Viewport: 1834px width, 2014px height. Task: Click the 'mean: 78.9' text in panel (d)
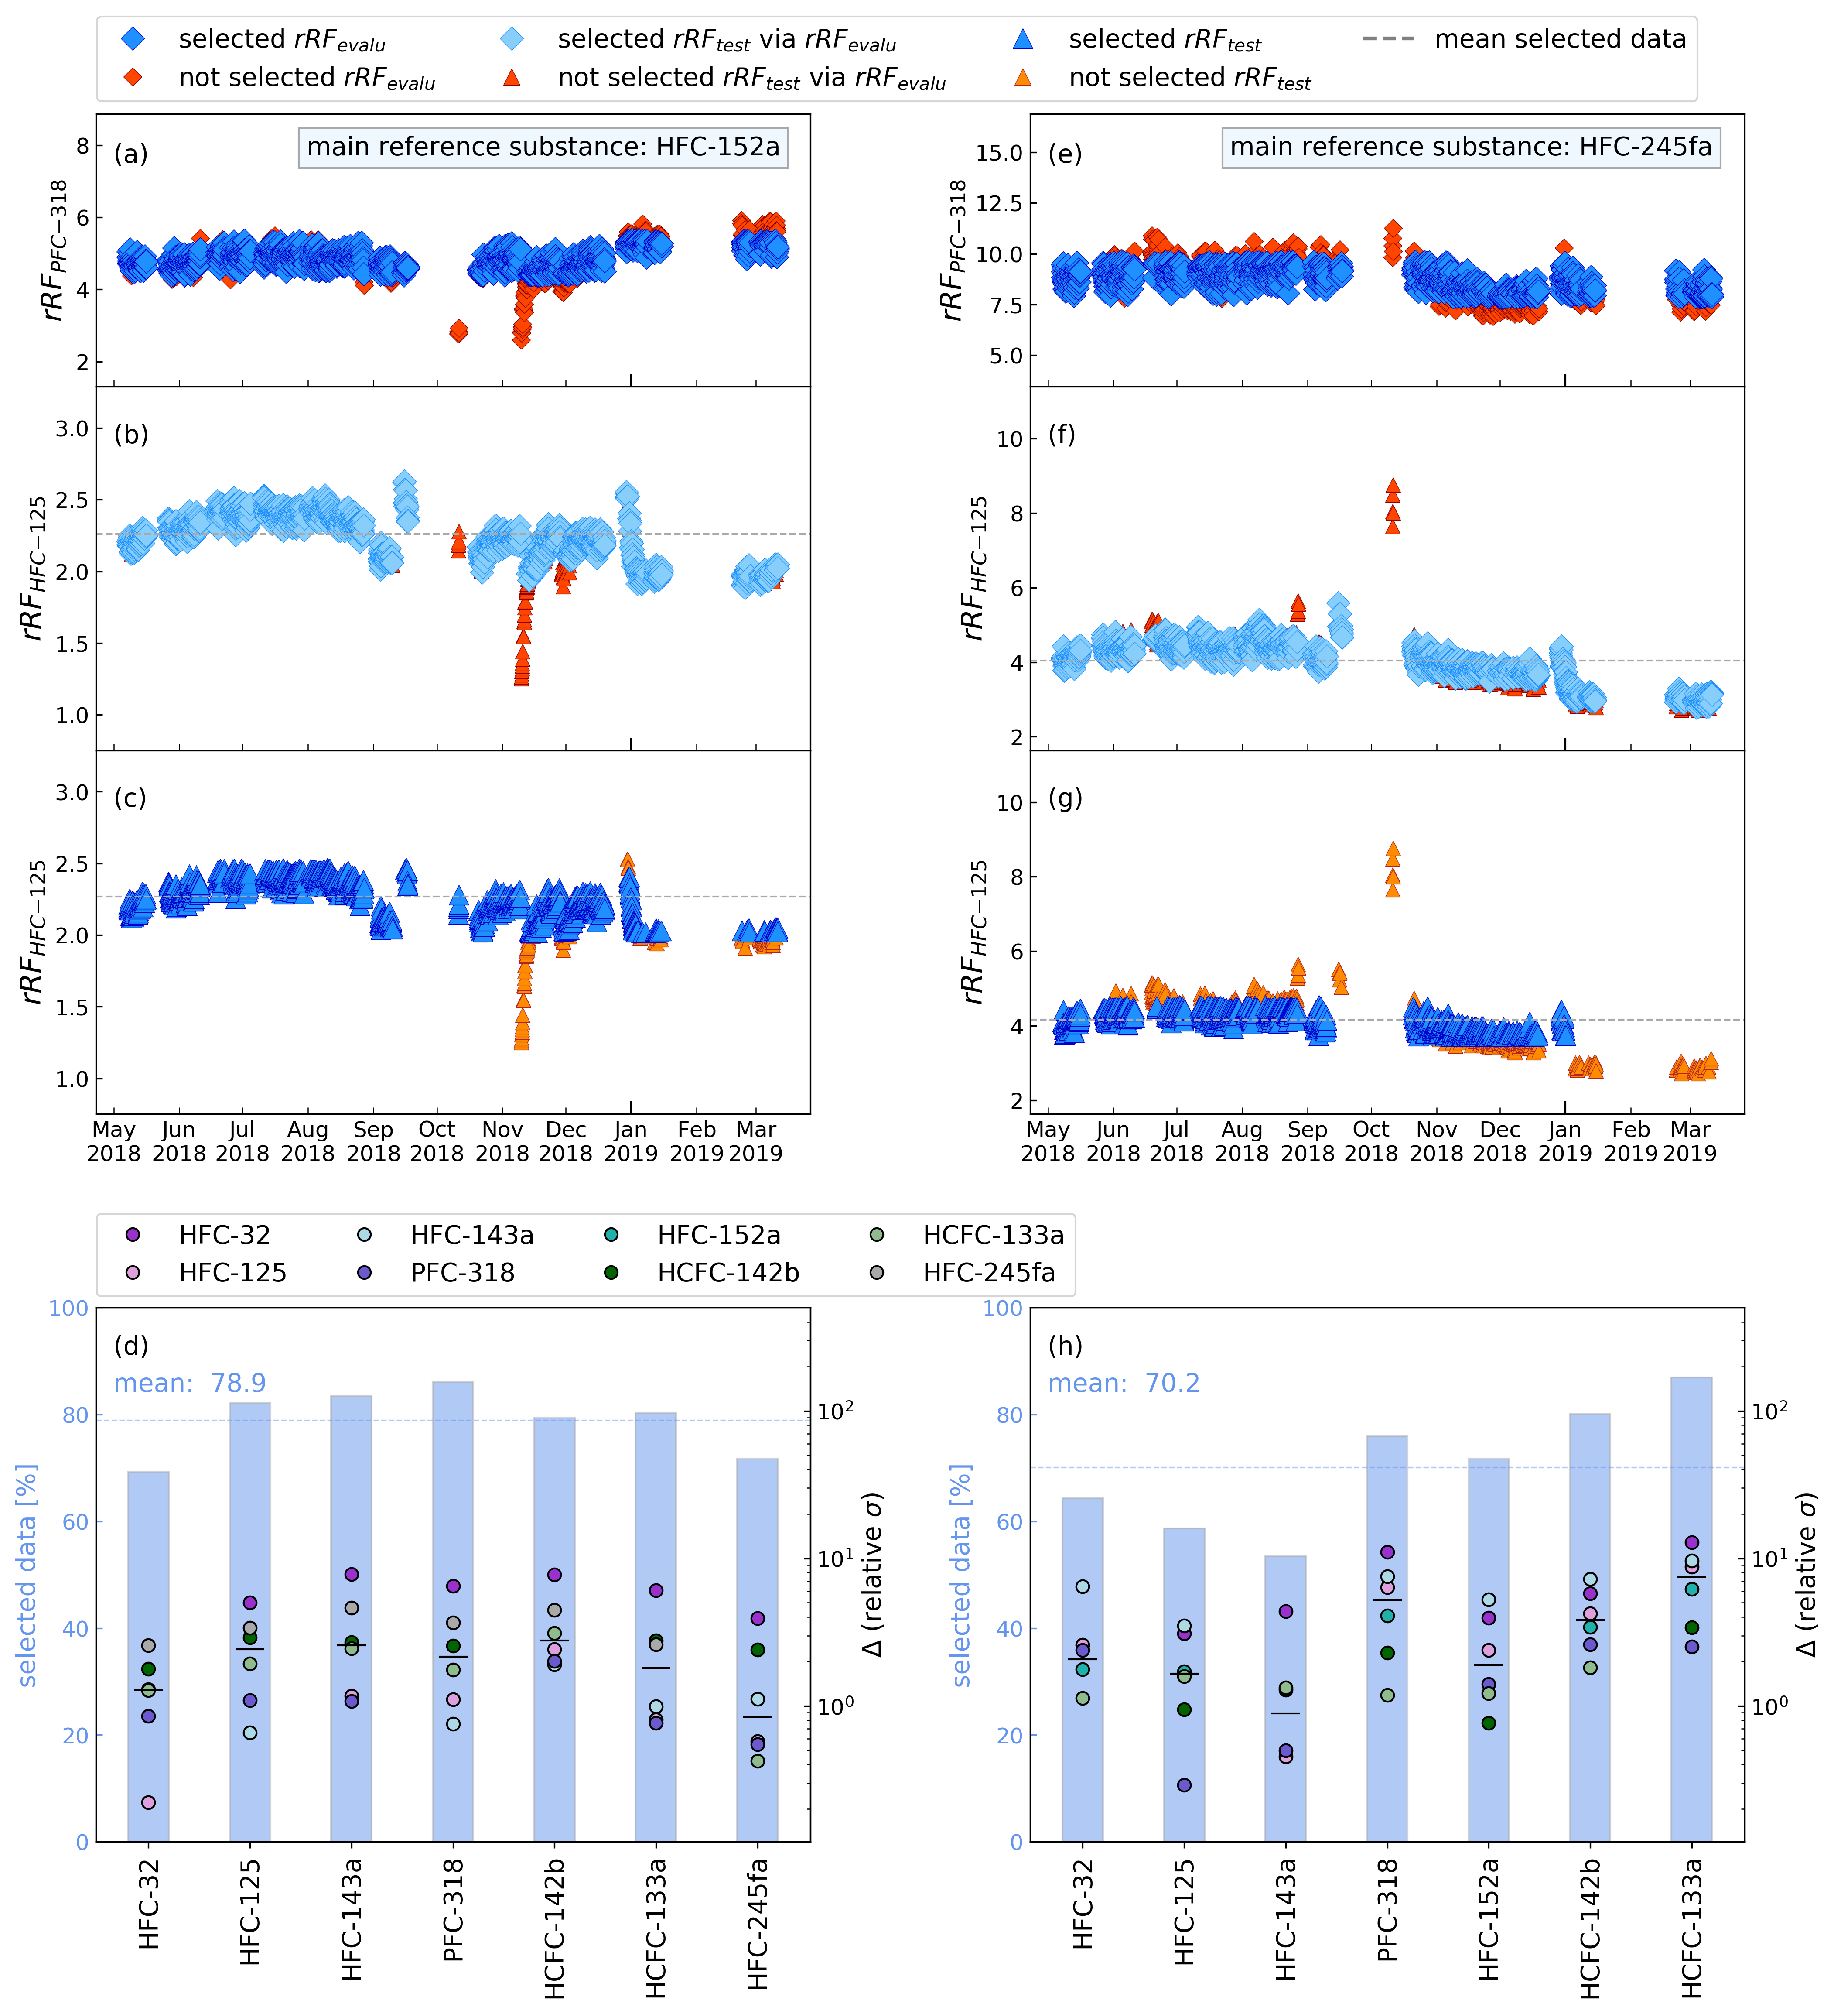[190, 1384]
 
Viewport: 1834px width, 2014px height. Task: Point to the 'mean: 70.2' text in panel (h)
[1124, 1384]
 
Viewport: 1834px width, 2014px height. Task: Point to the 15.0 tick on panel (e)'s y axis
[999, 153]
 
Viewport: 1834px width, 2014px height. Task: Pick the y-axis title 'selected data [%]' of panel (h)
[961, 1576]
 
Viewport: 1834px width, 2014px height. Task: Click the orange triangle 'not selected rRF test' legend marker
[1023, 78]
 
